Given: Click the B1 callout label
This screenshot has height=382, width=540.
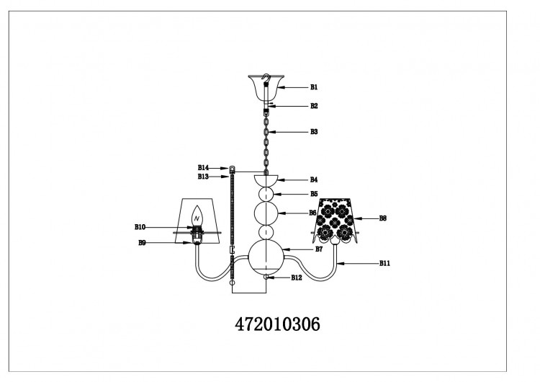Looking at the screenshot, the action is pos(314,87).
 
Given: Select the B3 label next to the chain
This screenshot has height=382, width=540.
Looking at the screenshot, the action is pos(314,132).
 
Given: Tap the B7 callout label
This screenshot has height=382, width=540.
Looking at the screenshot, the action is pos(319,249).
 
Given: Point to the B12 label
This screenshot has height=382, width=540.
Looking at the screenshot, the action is pos(296,277).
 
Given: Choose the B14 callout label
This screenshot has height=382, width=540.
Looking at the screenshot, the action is pos(203,168).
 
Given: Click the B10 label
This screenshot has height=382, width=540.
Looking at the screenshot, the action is pos(140,227).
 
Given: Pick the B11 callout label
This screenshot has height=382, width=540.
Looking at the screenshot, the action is pos(384,263).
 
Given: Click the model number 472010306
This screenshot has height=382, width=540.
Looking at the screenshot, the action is pos(278,324).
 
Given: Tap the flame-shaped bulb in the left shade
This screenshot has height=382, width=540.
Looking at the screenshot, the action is pos(197,216).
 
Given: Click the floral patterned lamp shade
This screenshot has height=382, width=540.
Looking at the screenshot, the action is pos(335,221).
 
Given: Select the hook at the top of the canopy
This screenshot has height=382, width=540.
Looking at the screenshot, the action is pos(266,78).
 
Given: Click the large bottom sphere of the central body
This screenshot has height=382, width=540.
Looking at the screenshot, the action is pos(266,258).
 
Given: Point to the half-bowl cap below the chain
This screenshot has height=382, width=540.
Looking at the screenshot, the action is pos(266,180).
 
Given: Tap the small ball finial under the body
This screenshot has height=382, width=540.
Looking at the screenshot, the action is pos(266,277).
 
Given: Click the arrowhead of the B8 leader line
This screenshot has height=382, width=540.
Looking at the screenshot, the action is pos(356,218).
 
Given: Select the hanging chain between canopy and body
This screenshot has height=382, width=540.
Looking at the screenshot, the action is pos(266,143).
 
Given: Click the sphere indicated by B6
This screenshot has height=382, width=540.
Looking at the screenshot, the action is pos(266,213).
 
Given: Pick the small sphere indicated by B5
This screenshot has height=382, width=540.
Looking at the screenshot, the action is pos(266,194).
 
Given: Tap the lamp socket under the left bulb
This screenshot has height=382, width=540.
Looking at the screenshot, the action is pos(197,235).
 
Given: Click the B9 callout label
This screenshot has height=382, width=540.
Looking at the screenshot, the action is pos(142,243).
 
